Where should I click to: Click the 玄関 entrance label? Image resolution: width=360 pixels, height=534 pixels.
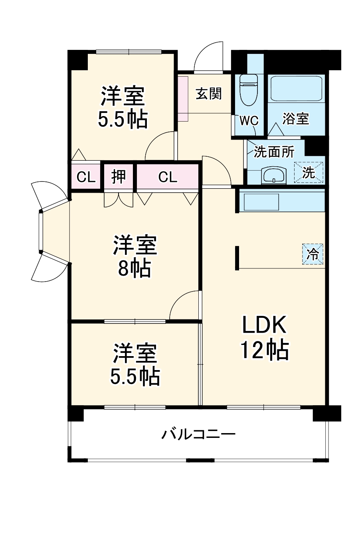(x=208, y=94)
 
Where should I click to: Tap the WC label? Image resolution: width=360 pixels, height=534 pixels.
(x=249, y=120)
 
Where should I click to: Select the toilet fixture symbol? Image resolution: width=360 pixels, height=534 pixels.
(x=249, y=89)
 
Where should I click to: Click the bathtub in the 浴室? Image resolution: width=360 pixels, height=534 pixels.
(x=296, y=88)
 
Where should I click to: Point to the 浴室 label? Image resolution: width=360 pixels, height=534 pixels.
(x=296, y=118)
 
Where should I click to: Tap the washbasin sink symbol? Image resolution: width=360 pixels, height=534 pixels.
(x=273, y=175)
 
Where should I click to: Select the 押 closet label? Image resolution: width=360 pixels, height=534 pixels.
(x=119, y=177)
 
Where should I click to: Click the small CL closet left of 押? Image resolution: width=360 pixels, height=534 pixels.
(x=86, y=177)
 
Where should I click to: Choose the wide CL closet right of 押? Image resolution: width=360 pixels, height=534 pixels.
(x=167, y=177)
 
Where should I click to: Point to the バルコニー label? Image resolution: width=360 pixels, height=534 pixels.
(x=198, y=434)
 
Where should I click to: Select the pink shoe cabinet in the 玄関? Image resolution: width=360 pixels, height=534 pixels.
(x=183, y=98)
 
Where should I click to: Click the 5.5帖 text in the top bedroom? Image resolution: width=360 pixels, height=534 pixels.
(x=123, y=119)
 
